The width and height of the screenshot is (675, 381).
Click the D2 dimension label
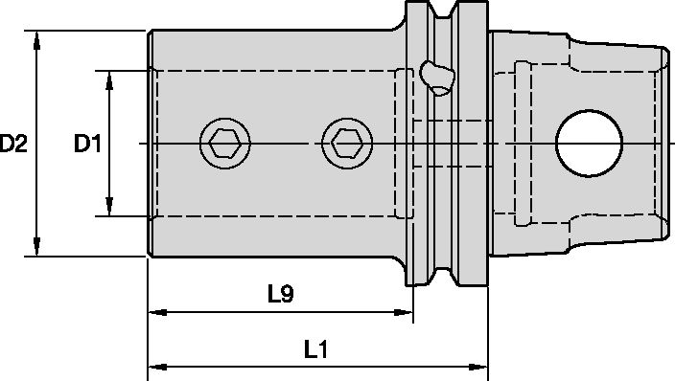click(13, 144)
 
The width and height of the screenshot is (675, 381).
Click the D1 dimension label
click(87, 144)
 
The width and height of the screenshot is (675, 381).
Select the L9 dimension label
click(281, 294)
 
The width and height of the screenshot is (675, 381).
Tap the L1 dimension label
click(316, 349)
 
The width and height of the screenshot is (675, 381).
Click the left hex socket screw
click(224, 144)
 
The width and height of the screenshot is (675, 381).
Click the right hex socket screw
click(347, 144)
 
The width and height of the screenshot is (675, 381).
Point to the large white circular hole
click(590, 144)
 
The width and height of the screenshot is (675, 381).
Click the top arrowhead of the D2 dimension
click(37, 38)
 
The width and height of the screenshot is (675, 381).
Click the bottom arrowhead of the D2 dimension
click(37, 249)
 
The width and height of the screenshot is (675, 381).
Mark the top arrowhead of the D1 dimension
click(109, 78)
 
